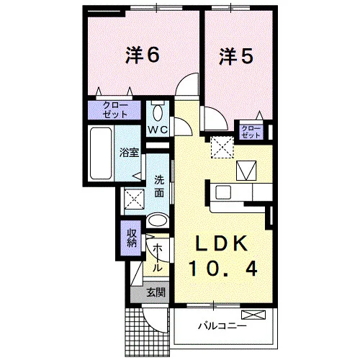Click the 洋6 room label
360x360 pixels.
tap(142, 55)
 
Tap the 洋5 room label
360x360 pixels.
tap(235, 56)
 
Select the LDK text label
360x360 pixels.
tap(222, 243)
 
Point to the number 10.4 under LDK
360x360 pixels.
tap(223, 269)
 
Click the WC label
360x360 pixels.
tap(158, 130)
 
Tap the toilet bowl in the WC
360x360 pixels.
tap(158, 112)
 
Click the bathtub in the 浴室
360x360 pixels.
tap(101, 153)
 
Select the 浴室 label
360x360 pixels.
tap(130, 153)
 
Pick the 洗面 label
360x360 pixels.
tap(159, 186)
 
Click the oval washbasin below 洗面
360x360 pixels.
tap(157, 220)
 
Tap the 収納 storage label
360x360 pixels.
tap(132, 238)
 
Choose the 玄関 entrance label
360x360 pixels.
tap(156, 292)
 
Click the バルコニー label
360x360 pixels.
tap(222, 326)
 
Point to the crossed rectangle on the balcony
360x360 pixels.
tap(253, 315)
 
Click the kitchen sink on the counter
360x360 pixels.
tap(223, 192)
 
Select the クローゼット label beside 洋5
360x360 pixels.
tap(251, 132)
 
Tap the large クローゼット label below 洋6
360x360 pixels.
tap(115, 110)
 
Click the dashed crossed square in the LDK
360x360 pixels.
tap(222, 147)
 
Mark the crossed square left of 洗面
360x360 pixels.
tap(135, 199)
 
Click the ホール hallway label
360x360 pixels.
tap(157, 258)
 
